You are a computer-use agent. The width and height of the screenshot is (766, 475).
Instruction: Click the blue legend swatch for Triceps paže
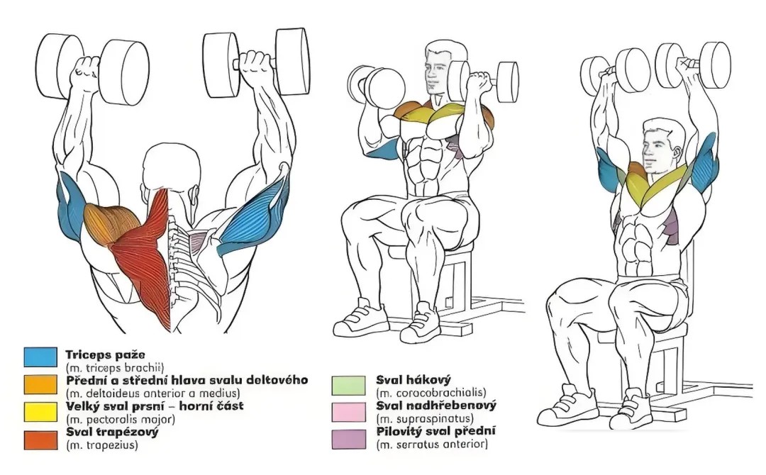tap(40, 357)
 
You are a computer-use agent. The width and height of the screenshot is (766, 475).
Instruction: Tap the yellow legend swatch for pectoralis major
tap(40, 411)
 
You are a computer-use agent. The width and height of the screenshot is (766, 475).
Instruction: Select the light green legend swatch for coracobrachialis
tap(348, 385)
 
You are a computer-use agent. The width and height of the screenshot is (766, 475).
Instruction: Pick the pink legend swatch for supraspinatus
tap(348, 412)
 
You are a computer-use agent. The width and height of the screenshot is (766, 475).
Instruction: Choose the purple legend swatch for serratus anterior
tap(348, 439)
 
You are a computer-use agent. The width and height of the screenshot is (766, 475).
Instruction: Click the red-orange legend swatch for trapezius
tap(40, 440)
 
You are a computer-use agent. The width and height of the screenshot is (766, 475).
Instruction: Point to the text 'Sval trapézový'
tap(112, 432)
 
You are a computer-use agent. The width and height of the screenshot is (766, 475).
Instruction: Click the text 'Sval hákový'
tap(413, 380)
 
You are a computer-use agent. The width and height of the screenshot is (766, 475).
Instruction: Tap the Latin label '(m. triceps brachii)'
tap(115, 368)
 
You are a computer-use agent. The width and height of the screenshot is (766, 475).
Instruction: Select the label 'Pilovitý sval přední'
tap(435, 432)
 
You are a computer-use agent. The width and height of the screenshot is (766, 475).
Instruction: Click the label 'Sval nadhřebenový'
tap(435, 406)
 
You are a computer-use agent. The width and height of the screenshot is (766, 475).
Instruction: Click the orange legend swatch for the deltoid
tap(40, 384)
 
